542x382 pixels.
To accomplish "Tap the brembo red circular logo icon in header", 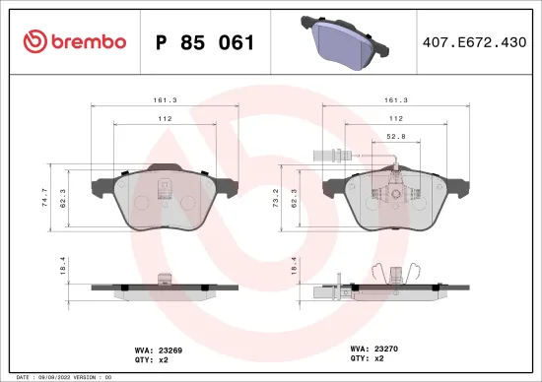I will [35, 41].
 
